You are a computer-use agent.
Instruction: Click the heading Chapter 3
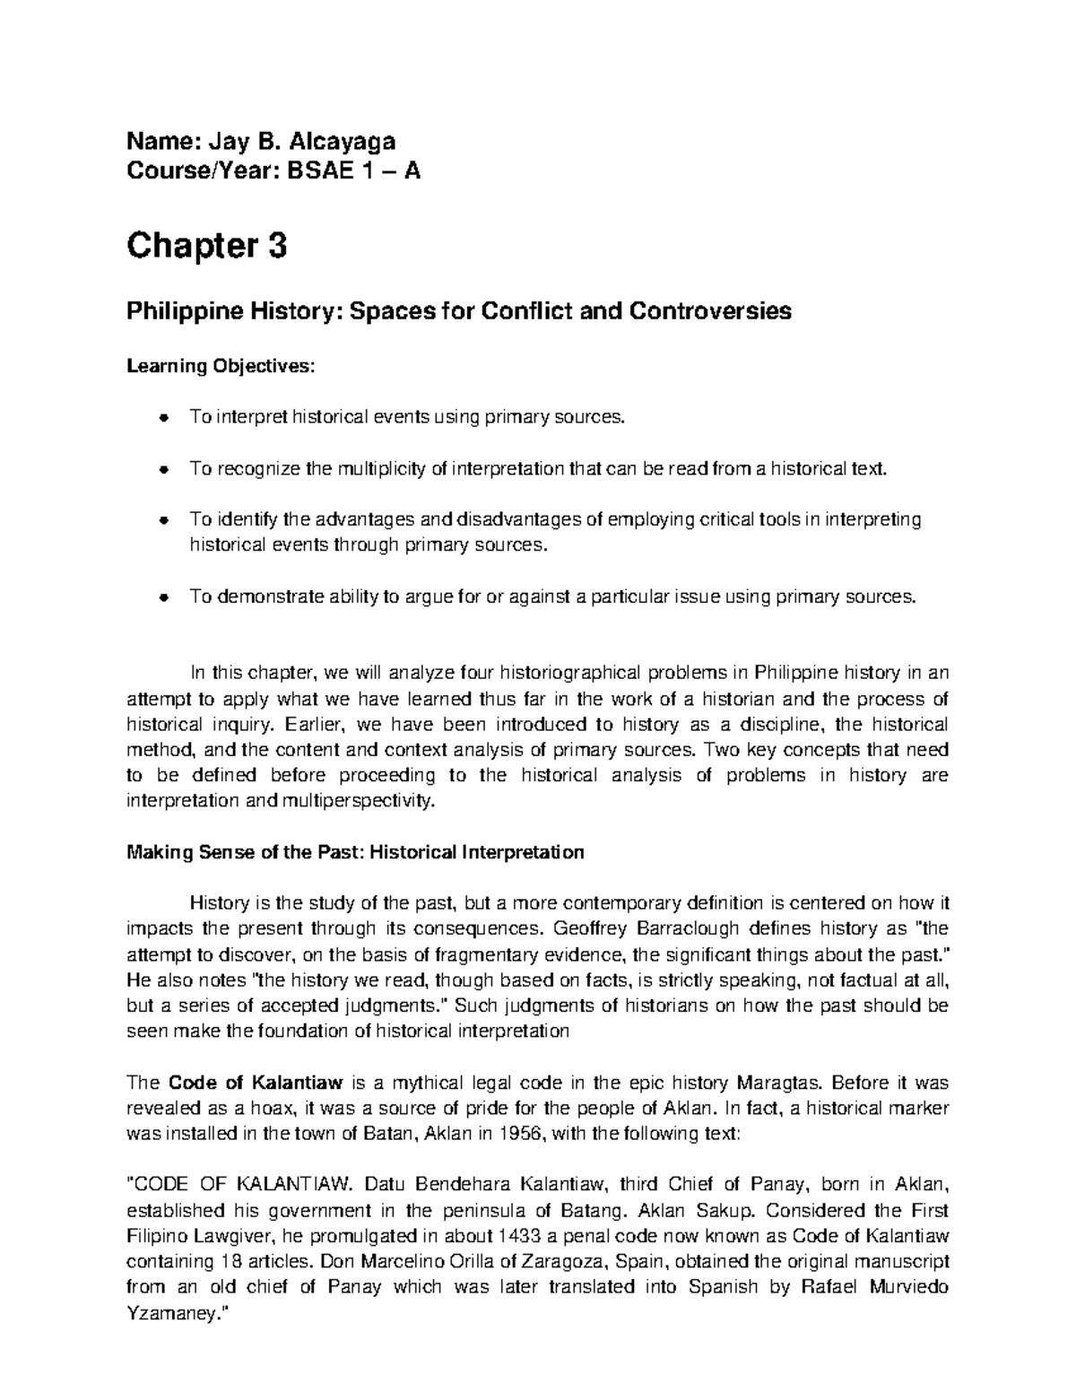click(207, 245)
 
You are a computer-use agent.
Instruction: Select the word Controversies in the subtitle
click(711, 311)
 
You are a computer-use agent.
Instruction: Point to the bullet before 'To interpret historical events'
click(163, 417)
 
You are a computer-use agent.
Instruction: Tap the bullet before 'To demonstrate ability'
click(163, 597)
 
